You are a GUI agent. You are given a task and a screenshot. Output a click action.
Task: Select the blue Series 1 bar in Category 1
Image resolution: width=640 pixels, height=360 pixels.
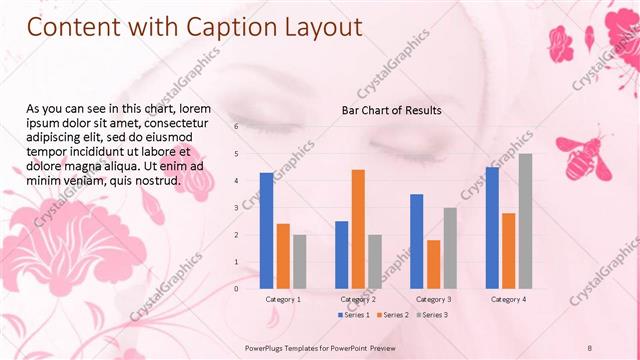click(266, 230)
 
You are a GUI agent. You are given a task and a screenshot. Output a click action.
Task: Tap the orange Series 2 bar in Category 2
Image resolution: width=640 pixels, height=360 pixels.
click(358, 229)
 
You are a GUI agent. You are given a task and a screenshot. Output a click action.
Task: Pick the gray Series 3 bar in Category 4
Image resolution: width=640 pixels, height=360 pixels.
click(525, 221)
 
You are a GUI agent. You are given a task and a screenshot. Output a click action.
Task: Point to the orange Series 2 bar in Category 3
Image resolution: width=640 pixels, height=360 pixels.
click(433, 264)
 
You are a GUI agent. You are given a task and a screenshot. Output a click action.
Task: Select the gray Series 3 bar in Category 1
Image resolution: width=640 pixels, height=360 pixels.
click(299, 261)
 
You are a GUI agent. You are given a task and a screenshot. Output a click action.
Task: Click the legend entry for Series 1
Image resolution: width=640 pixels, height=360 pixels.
click(353, 315)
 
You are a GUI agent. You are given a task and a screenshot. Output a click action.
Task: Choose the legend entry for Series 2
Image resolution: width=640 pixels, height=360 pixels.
click(392, 315)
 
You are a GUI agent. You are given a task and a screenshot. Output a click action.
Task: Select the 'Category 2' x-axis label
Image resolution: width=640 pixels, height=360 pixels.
click(358, 299)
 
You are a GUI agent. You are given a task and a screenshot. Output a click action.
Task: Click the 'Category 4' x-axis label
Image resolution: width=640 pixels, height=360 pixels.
click(508, 299)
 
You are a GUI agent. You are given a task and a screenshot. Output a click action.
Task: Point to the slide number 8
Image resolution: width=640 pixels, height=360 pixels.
click(589, 346)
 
